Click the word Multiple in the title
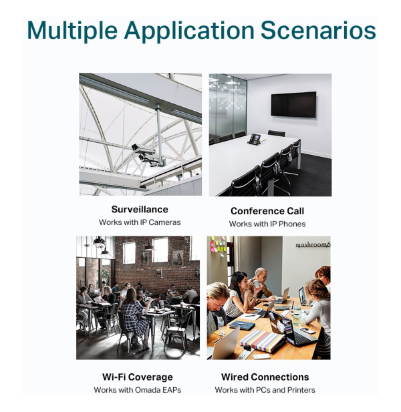click(x=72, y=31)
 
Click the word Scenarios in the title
click(x=318, y=30)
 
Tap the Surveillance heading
click(x=140, y=210)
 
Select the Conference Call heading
click(x=267, y=211)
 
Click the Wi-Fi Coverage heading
click(x=138, y=377)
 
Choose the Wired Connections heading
click(x=265, y=377)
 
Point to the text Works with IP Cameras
click(x=140, y=222)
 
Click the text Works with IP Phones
click(x=267, y=224)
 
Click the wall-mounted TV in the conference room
click(x=293, y=104)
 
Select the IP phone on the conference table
click(x=254, y=139)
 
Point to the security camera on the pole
click(x=143, y=149)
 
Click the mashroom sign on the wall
click(x=313, y=245)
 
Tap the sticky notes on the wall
click(x=218, y=246)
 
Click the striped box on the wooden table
click(x=262, y=341)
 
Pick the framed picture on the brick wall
click(x=178, y=258)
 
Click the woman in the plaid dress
click(x=135, y=315)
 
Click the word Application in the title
click(x=189, y=31)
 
